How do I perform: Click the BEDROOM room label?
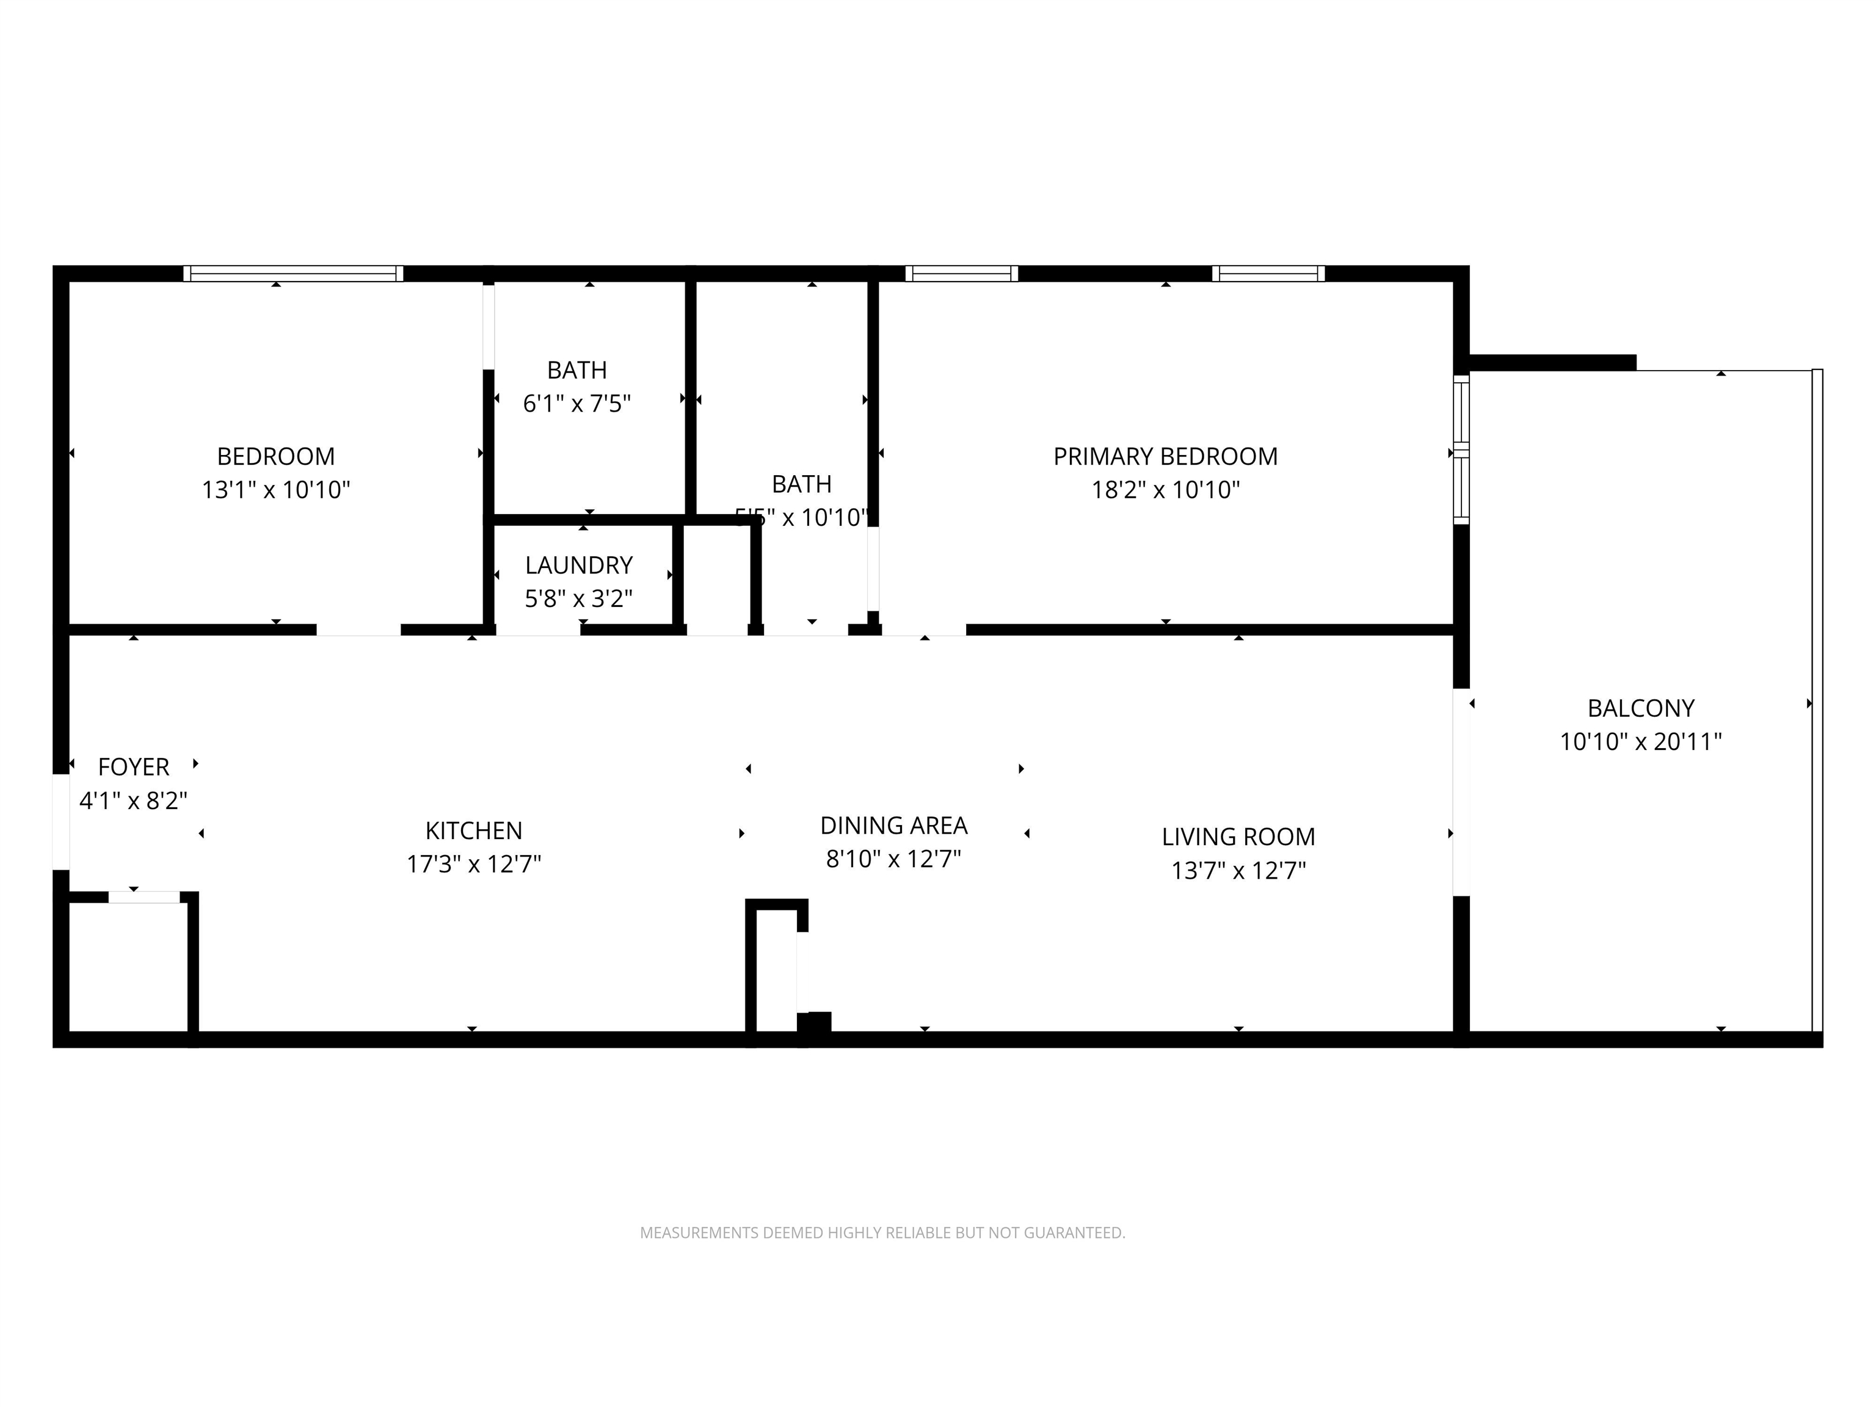pos(275,456)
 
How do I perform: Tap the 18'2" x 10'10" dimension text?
pos(1165,490)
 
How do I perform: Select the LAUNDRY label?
pos(578,565)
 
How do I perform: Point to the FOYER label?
pos(133,766)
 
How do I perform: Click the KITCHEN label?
pos(473,831)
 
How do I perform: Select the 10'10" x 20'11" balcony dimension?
pos(1640,741)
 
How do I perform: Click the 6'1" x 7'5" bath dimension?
pos(576,404)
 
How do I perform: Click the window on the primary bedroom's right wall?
pos(1460,449)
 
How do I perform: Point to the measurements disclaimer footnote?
pos(882,1232)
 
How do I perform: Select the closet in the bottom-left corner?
pos(127,967)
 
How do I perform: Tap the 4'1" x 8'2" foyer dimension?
pos(133,801)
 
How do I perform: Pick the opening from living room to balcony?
pos(1460,792)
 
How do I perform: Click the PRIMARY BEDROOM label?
pos(1165,456)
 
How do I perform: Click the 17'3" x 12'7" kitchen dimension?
pos(473,864)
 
